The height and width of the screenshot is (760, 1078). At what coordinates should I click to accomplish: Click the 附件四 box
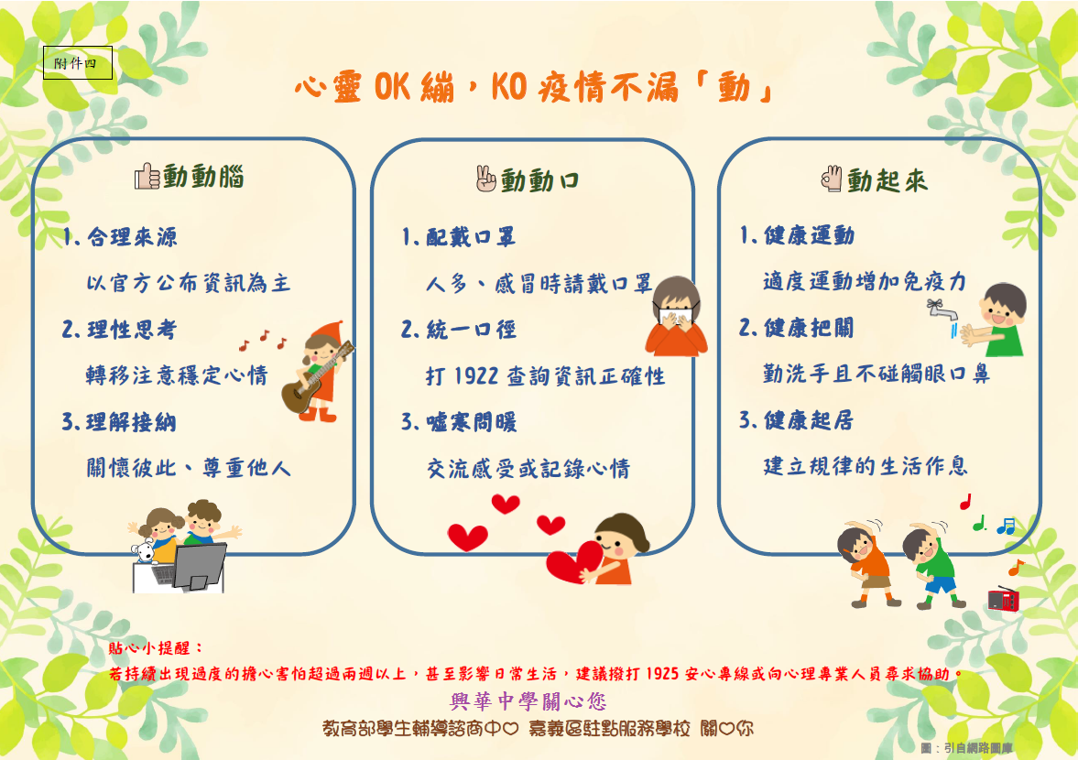tap(78, 62)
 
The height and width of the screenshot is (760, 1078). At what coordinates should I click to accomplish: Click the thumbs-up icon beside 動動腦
tap(147, 176)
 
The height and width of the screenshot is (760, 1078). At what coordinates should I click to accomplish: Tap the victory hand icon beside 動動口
tap(485, 179)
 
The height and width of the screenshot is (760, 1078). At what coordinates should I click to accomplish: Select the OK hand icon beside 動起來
tap(832, 179)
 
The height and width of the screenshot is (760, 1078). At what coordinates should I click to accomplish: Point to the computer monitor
tap(200, 566)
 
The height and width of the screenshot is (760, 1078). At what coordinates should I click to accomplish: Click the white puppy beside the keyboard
tap(145, 552)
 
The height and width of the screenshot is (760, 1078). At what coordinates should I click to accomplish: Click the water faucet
tap(942, 309)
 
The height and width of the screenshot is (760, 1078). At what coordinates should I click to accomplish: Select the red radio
tap(1003, 599)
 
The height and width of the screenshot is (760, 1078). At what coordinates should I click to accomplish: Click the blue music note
tap(1006, 527)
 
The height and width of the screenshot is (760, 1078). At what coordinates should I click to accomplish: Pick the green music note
tap(979, 523)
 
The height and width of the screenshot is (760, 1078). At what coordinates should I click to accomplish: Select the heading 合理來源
tap(132, 237)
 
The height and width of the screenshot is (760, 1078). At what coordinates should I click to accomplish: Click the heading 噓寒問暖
tap(472, 422)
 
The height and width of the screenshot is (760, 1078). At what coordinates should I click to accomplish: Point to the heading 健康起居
tap(810, 420)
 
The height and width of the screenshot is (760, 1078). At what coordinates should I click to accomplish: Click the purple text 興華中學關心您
tap(528, 700)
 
